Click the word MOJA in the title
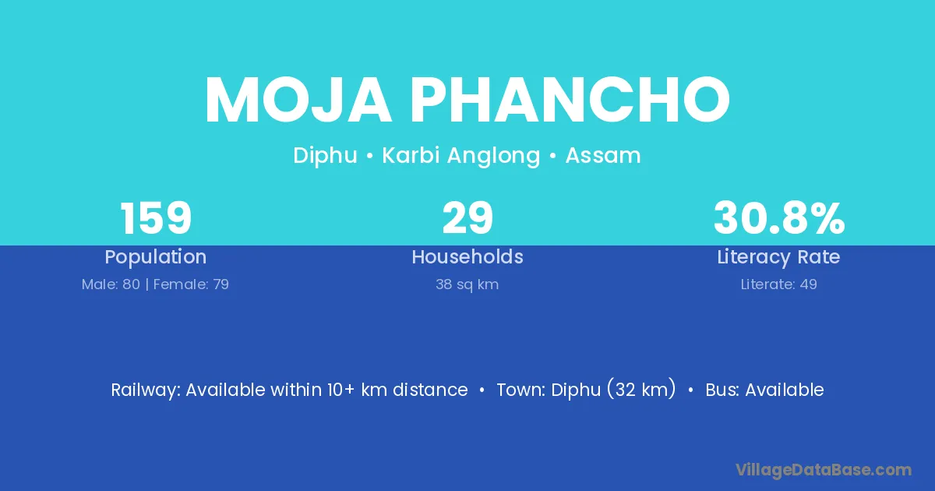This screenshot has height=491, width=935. click(298, 100)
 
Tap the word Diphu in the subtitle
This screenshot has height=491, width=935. click(325, 156)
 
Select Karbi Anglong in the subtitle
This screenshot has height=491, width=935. click(461, 156)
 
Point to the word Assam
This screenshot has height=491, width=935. click(603, 155)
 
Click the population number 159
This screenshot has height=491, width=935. click(156, 218)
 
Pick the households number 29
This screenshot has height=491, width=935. click(467, 218)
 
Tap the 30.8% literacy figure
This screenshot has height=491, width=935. click(779, 218)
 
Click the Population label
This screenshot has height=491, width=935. click(156, 257)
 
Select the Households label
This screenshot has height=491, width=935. click(467, 256)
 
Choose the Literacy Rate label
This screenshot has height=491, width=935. click(778, 257)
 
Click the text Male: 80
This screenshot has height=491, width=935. click(111, 284)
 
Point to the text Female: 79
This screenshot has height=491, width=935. click(191, 284)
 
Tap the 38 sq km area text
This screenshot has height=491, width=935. click(467, 284)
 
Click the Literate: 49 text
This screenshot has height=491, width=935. click(779, 284)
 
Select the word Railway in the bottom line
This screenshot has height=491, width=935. click(146, 390)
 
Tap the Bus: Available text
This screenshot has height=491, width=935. click(764, 390)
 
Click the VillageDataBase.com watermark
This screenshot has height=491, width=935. click(823, 470)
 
